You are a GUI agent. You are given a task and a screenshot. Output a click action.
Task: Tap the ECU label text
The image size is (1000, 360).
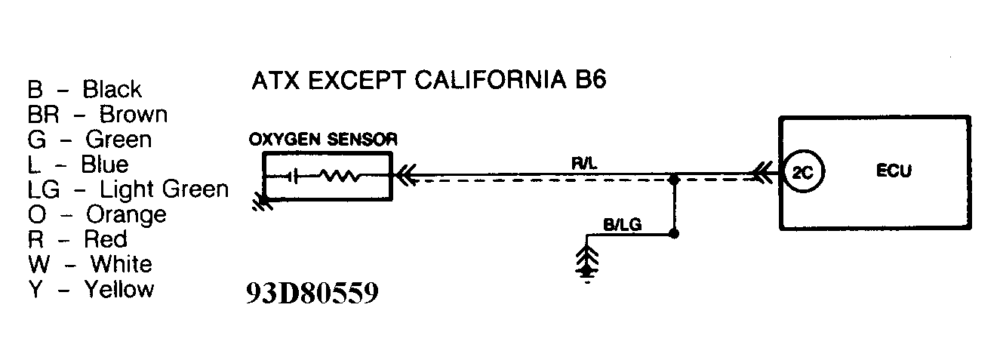[x=894, y=171]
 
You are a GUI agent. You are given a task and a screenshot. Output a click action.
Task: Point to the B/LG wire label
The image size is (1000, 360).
[x=623, y=224]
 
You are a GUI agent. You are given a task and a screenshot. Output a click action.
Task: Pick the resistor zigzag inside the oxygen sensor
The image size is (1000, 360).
[x=341, y=177]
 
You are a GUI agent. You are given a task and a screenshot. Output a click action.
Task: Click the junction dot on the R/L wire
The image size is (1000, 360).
[x=674, y=180]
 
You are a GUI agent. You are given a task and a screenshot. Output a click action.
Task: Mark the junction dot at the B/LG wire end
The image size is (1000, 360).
[x=674, y=235]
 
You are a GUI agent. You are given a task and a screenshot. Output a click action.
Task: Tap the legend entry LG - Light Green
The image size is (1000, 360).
[x=128, y=189]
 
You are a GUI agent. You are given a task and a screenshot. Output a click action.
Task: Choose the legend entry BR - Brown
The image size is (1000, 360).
[x=97, y=115]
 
